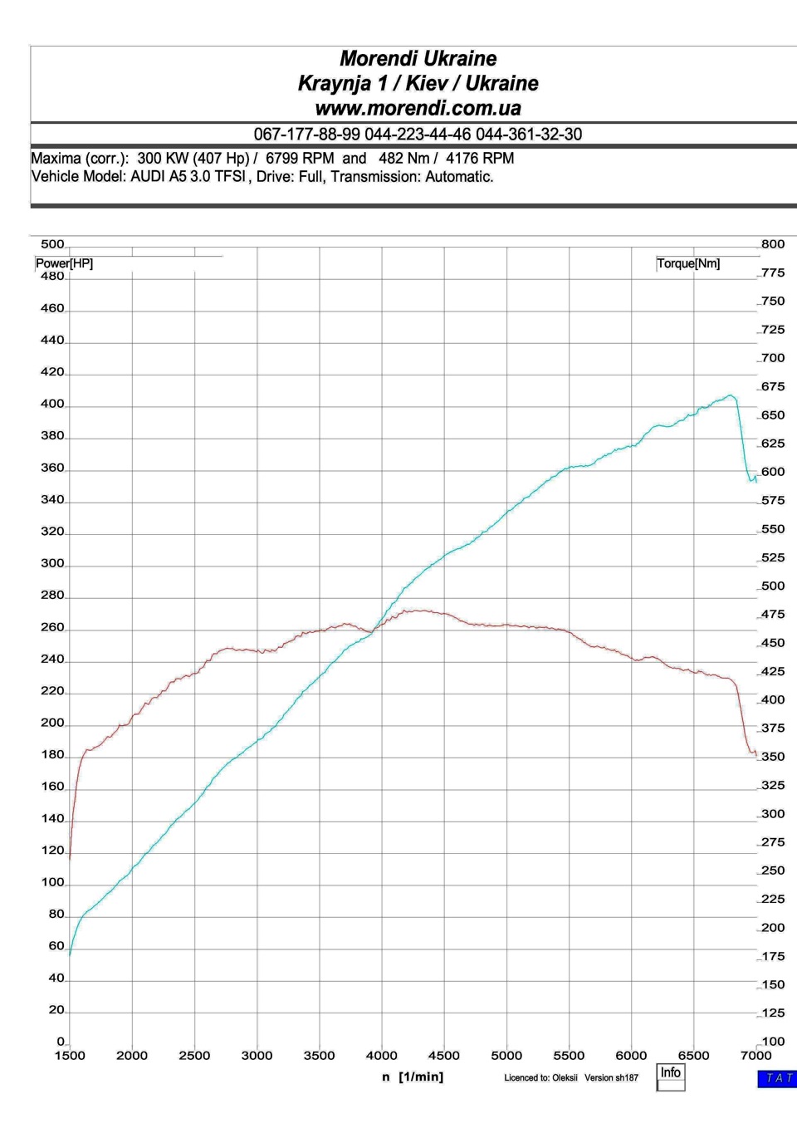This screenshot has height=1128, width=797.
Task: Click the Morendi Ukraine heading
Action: [x=418, y=59]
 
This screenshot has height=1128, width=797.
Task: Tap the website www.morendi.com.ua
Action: [x=418, y=108]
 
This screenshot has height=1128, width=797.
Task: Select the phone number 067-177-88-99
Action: [x=307, y=135]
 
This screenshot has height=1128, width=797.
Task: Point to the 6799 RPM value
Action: [x=300, y=159]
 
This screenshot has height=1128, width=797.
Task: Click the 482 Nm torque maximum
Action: [x=404, y=159]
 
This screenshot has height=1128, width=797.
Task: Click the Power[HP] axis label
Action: [x=64, y=264]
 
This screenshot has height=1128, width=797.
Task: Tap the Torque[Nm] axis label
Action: [x=688, y=264]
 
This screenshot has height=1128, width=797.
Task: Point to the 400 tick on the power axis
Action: [x=52, y=405]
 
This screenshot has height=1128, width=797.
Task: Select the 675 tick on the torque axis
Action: [x=773, y=387]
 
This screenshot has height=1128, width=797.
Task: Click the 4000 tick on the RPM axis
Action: [x=382, y=1056]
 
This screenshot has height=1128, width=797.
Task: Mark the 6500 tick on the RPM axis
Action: [x=694, y=1056]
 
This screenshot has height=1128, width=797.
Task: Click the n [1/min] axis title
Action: [x=413, y=1077]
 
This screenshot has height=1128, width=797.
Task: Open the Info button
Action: [x=671, y=1073]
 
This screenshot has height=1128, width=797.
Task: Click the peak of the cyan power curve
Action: [x=731, y=395]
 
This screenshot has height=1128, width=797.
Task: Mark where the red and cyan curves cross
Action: [x=373, y=630]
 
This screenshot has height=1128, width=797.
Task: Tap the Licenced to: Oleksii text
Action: [x=540, y=1078]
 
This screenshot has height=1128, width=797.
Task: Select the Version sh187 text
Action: [x=611, y=1078]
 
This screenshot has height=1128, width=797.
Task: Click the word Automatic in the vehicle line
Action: [x=458, y=177]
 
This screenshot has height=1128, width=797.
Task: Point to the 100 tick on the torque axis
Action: [x=773, y=1042]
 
